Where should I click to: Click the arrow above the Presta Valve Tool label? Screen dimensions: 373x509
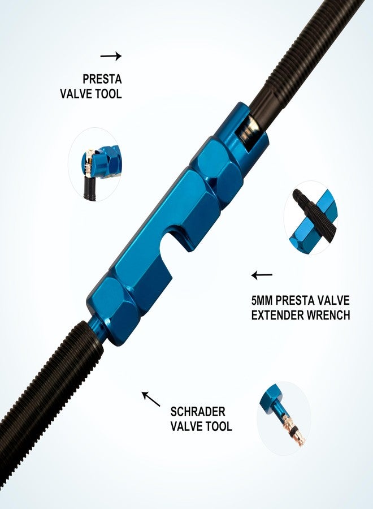click(111, 56)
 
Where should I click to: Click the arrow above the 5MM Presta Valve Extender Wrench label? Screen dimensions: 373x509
click(262, 275)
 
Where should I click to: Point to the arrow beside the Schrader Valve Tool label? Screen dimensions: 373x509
click(151, 399)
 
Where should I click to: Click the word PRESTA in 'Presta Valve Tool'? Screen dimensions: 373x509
click(102, 79)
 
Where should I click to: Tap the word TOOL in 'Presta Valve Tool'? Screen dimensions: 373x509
click(109, 93)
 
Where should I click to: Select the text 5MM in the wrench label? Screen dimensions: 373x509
click(262, 300)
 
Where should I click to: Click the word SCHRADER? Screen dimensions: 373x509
click(198, 412)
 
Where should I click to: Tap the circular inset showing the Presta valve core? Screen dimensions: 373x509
click(95, 164)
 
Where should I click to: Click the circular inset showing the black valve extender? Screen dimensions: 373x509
click(311, 218)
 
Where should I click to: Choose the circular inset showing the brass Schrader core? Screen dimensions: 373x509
click(284, 418)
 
